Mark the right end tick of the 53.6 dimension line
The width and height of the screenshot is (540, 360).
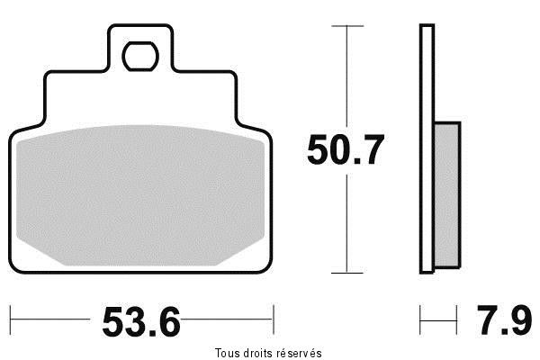(273, 317)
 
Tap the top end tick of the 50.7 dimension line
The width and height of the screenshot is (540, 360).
(347, 26)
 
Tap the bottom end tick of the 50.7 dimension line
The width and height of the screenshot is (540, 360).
(347, 272)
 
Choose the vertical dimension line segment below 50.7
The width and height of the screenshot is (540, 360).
(347, 220)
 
